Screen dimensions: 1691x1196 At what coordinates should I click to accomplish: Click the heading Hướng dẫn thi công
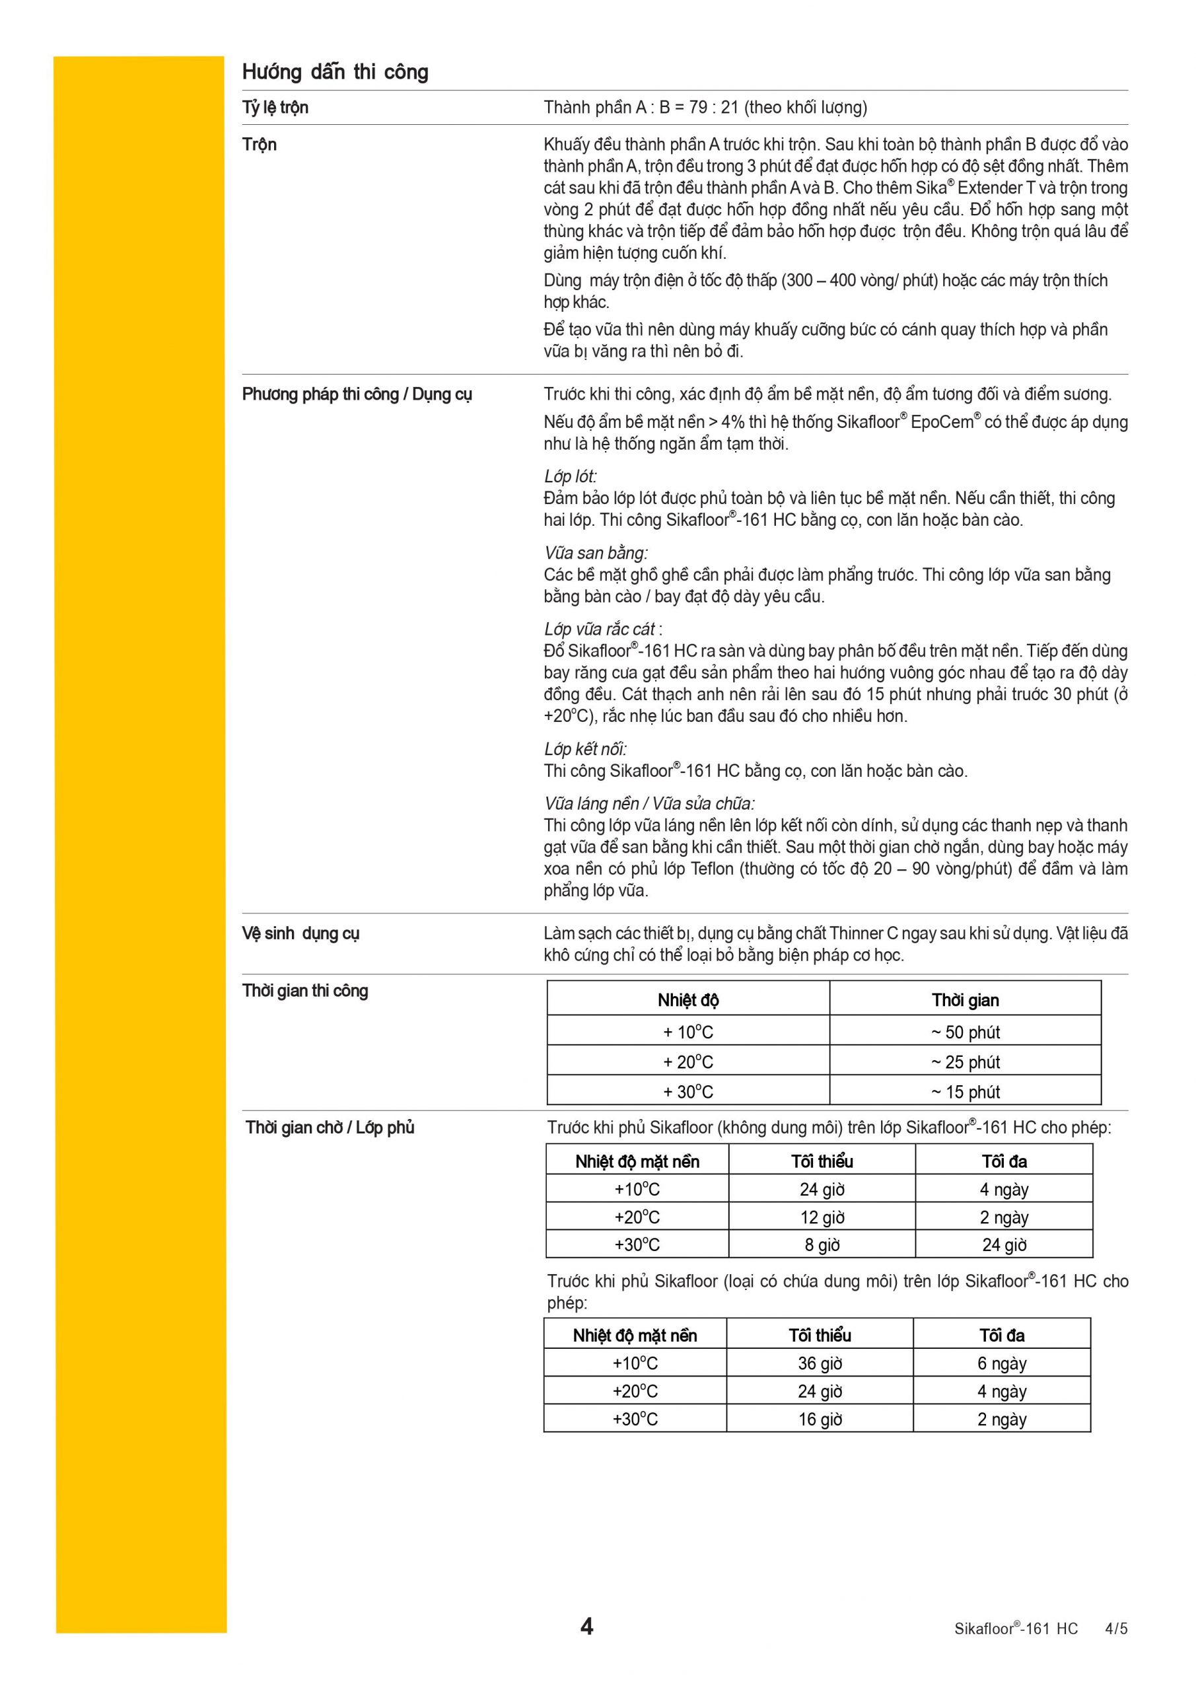coord(335,72)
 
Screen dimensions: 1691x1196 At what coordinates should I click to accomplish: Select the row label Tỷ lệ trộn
coord(275,108)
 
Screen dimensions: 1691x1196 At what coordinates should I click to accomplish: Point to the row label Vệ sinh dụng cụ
coord(300,933)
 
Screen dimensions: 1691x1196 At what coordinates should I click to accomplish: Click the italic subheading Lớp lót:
coord(570,476)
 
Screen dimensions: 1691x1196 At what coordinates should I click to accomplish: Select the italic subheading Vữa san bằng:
coord(596,553)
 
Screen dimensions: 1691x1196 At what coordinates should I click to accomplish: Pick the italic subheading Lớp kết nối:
coord(586,749)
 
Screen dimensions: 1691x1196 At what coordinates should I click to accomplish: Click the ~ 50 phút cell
coord(965,1032)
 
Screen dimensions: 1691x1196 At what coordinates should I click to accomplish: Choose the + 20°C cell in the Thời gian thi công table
coord(688,1062)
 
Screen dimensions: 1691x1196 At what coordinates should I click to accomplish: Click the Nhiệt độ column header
coord(688,1000)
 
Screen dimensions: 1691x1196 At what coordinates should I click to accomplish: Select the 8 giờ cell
coord(822,1244)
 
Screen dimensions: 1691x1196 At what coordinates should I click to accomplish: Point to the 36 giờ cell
coord(820,1363)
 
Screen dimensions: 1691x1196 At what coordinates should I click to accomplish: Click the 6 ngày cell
coord(1002,1363)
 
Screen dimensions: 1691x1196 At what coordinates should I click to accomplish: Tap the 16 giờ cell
coord(820,1420)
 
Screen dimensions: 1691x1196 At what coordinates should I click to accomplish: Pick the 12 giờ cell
coord(822,1217)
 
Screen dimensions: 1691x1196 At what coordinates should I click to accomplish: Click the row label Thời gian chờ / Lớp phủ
coord(330,1128)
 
